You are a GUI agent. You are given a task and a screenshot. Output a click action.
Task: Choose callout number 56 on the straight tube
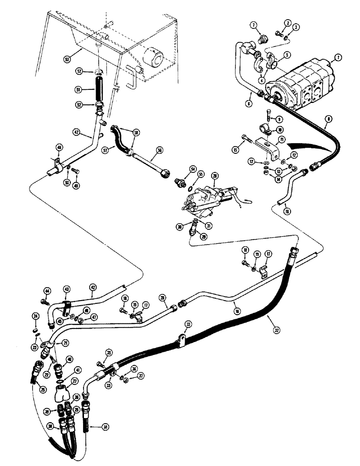pos(159,151)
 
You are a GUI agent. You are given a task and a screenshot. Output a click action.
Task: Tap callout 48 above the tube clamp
pos(59,147)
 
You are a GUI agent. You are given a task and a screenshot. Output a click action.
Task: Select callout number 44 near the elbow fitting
pos(47,291)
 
